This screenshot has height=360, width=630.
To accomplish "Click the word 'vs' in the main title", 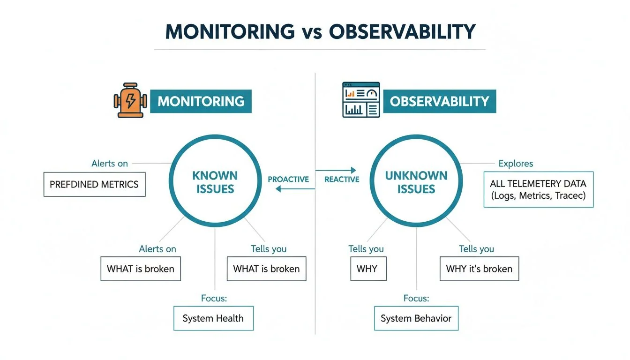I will pos(311,32).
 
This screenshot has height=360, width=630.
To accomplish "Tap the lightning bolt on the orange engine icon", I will pos(130,101).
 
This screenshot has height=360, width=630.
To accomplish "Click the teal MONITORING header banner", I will pos(201,101).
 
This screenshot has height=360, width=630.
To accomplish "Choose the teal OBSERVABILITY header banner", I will pos(439,101).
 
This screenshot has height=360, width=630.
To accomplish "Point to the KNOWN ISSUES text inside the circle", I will pos(215,182).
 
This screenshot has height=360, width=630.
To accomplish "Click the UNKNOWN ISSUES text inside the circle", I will pos(416,182).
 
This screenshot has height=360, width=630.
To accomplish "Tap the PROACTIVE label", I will pos(288,180).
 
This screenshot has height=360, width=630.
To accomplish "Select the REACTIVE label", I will pos(342,180).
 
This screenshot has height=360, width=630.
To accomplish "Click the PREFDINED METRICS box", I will pos(94,184).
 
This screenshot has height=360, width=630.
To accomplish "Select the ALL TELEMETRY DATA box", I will pos(538,189).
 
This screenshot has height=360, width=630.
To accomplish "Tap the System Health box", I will pos(213,318).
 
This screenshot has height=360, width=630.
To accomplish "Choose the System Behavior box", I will pos(416,318).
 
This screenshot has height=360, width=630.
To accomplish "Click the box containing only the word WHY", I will pos(368,269).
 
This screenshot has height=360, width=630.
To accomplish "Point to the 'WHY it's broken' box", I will pos(479,269).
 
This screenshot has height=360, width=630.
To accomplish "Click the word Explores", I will pos(516,164).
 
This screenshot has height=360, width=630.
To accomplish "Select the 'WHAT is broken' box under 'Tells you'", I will pos(266,269).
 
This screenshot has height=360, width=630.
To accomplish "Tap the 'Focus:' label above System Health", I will pos(214,298).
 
